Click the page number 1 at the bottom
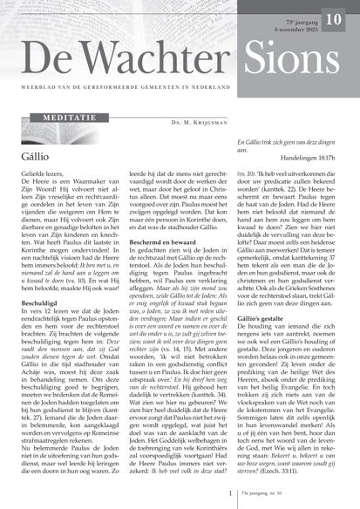(x=230, y=493)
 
